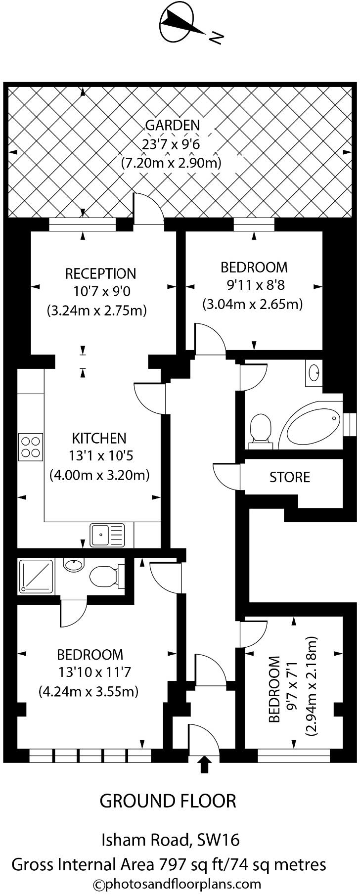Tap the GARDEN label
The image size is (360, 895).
pos(173,126)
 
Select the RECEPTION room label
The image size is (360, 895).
pos(100,273)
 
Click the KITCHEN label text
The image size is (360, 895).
pos(99,438)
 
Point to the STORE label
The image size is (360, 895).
pos(290,477)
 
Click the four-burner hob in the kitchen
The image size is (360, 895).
pos(31,447)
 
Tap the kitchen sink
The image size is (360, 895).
pos(107,536)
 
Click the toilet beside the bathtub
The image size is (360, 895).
pos(261,428)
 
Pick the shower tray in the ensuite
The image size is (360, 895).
pos(36,576)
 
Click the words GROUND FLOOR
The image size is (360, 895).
pos(168,801)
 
